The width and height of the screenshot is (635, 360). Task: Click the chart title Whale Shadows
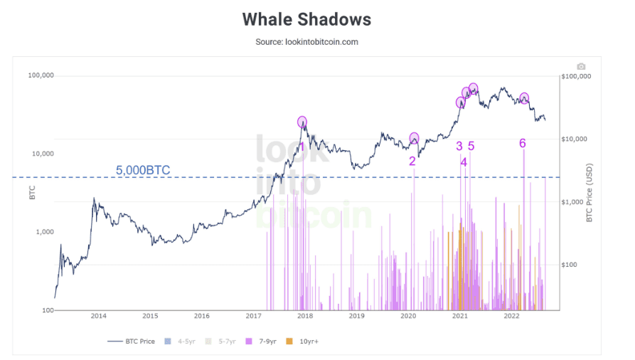(306, 19)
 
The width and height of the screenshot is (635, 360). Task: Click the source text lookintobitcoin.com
(306, 42)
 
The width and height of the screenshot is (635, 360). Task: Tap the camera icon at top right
(581, 67)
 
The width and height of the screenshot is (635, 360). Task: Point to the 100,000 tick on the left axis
(41, 75)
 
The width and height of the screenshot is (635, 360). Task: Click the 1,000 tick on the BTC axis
(44, 232)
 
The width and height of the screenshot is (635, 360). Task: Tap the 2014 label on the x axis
(98, 316)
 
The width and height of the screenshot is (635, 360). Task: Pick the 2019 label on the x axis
(356, 316)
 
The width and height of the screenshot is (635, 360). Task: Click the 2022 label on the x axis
(511, 316)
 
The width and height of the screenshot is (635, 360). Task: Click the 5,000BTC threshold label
(143, 170)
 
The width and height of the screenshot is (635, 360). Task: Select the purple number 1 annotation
(302, 147)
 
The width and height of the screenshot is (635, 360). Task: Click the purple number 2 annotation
(412, 161)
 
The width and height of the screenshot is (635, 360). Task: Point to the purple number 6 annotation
(522, 143)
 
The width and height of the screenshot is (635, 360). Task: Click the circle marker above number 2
(415, 138)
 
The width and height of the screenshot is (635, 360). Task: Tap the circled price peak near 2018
(302, 122)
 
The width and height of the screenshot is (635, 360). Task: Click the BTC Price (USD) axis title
(589, 192)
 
